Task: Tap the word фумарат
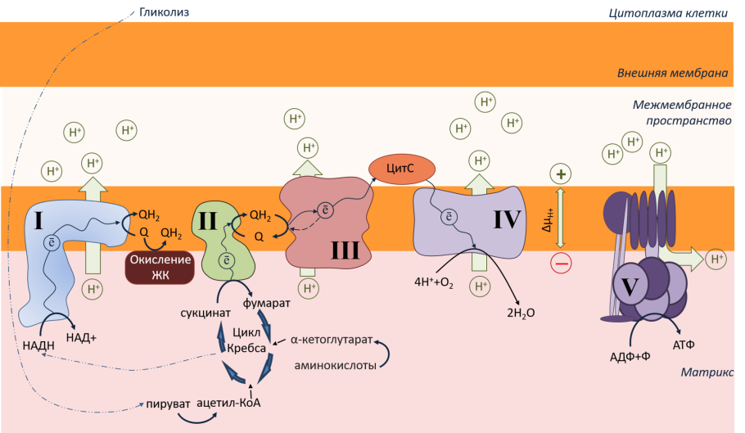click(x=267, y=303)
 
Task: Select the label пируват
click(x=169, y=403)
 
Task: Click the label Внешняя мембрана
click(x=672, y=73)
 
